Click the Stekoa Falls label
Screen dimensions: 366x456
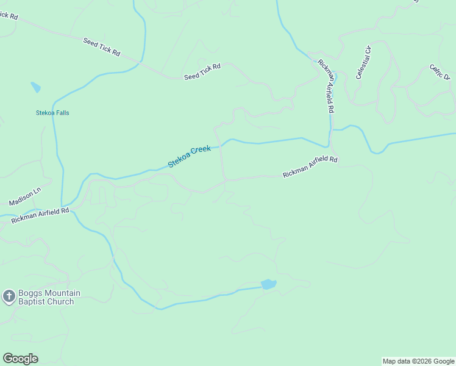click(52, 113)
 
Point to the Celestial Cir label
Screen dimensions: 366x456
click(363, 62)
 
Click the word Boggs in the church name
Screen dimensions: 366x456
click(29, 293)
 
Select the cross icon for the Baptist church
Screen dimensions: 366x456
click(9, 297)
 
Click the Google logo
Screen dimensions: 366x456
click(20, 359)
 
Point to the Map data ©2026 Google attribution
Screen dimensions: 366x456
click(418, 361)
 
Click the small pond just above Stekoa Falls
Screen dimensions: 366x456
click(35, 87)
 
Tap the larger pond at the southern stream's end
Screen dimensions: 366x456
click(268, 284)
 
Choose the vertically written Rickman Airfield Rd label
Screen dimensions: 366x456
click(327, 86)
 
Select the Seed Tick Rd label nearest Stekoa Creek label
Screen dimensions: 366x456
click(202, 71)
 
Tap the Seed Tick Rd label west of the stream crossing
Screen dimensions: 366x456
click(101, 47)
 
